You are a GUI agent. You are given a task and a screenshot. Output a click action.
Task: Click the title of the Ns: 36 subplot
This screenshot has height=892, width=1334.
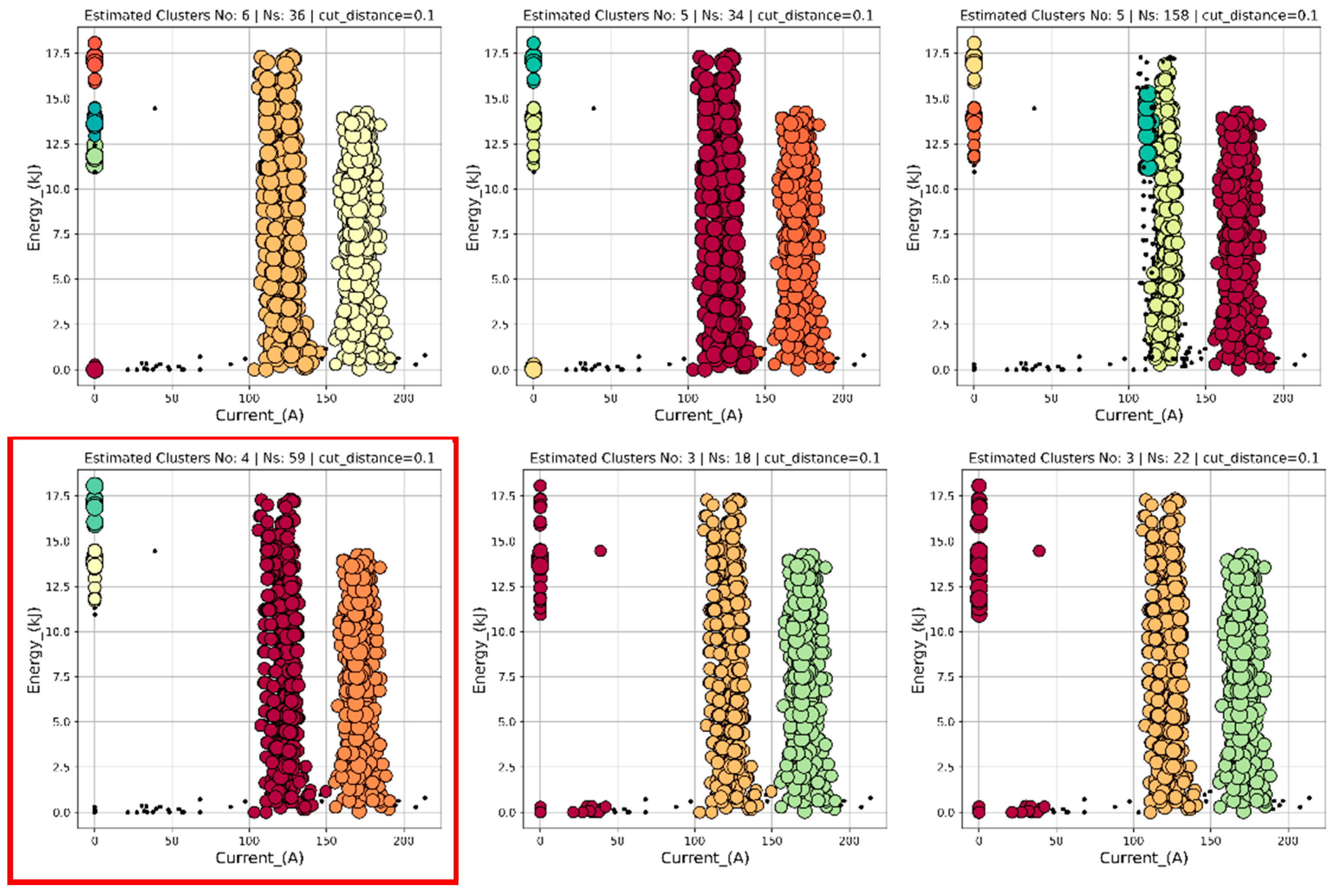(x=259, y=15)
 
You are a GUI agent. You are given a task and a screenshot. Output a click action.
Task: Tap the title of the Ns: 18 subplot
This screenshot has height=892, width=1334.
(x=704, y=458)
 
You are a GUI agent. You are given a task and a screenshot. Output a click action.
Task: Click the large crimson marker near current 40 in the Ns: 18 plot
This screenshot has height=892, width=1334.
(x=600, y=551)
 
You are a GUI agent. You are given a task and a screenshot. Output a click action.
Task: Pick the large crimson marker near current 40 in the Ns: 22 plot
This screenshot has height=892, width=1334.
(x=1039, y=551)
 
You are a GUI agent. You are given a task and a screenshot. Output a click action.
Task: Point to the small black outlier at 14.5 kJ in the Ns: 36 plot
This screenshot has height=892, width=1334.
(x=155, y=108)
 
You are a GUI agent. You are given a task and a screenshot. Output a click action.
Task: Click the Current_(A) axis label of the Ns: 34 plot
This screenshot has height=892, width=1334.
(x=698, y=415)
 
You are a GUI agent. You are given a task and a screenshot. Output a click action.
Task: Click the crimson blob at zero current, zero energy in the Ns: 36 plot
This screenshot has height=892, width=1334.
(x=94, y=369)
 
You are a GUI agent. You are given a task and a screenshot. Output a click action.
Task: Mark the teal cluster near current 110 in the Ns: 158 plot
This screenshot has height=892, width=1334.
(x=1147, y=131)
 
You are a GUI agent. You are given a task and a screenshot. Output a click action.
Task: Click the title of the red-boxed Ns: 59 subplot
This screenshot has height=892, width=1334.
(x=259, y=458)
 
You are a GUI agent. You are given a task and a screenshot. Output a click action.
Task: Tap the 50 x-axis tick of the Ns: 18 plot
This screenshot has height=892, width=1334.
(x=617, y=841)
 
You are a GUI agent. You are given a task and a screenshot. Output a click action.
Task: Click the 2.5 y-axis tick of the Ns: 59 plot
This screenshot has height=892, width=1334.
(x=60, y=767)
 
